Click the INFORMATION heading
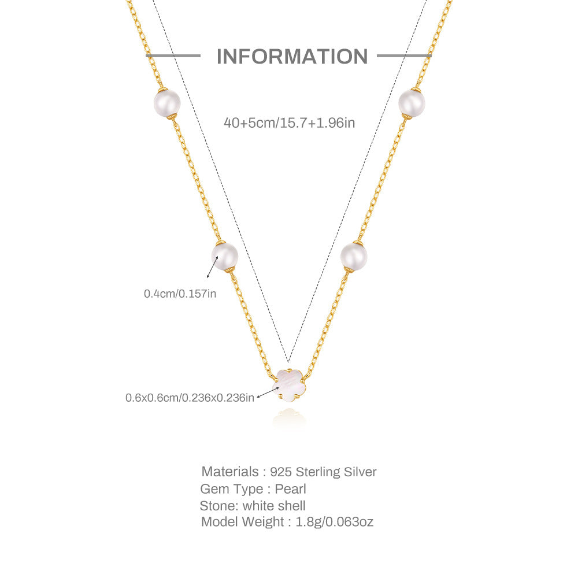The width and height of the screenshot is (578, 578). coord(292,57)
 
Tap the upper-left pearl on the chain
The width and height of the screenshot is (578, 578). coord(167,103)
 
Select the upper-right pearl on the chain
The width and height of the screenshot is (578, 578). coord(412,103)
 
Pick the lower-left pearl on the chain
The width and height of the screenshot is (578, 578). coord(224,256)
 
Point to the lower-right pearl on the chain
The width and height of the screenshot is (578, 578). coord(354,256)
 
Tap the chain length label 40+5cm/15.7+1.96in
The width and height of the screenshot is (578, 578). coord(290,123)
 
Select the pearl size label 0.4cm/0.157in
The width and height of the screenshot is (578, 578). coord(180,294)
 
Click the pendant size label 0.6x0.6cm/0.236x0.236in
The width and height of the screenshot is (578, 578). coord(190,398)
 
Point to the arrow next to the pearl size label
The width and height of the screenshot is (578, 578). coord(213,267)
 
